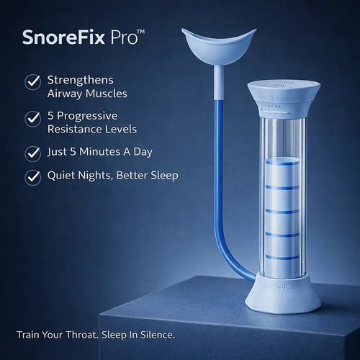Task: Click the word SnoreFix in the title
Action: (66, 37)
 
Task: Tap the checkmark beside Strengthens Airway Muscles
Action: (32, 81)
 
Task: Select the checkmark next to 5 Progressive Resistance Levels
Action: (32, 117)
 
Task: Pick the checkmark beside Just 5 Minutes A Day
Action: (32, 153)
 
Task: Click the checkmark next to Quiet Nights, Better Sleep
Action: (32, 176)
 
